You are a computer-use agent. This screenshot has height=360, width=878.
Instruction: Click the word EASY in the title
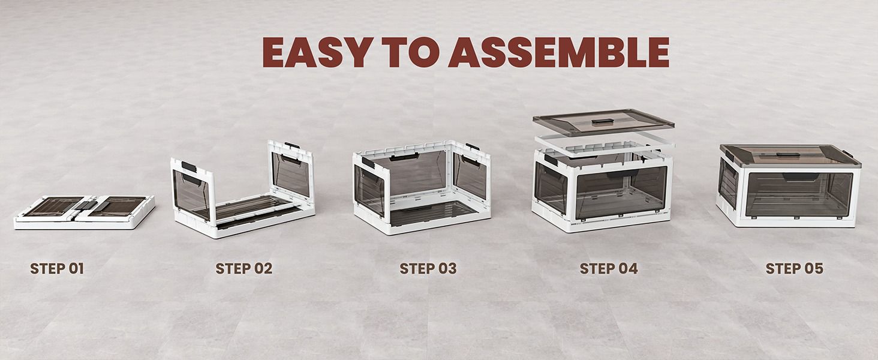(x=318, y=52)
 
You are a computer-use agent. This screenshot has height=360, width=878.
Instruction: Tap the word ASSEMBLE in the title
(x=559, y=52)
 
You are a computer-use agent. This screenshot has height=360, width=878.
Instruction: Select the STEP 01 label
(x=57, y=269)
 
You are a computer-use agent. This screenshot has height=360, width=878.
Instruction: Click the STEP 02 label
(x=244, y=269)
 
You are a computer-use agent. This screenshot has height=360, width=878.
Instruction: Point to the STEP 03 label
(x=428, y=269)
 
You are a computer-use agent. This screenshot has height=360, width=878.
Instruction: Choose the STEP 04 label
(x=609, y=269)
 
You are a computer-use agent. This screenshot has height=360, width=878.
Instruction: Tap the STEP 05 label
(x=795, y=269)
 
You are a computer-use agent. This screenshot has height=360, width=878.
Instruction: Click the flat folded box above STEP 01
(x=85, y=212)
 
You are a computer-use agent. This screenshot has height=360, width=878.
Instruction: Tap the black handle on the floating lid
(x=602, y=121)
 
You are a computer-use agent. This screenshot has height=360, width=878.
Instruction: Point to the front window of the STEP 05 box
(x=799, y=194)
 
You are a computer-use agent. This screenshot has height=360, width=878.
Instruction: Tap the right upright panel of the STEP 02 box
(x=290, y=170)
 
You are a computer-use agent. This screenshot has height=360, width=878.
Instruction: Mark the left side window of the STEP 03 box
(x=369, y=190)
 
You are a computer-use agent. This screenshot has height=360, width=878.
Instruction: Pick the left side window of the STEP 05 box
(x=728, y=183)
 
